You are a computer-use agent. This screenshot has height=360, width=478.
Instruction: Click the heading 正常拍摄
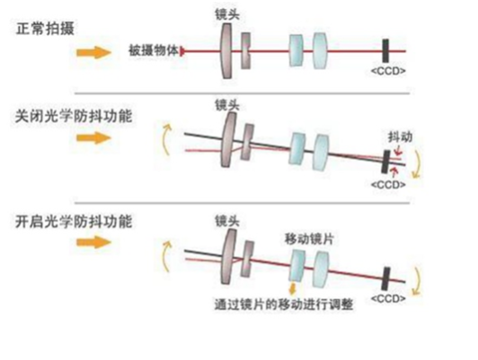(45, 30)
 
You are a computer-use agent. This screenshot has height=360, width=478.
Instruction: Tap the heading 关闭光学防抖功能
(74, 117)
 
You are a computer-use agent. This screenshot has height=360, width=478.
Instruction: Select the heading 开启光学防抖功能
(74, 222)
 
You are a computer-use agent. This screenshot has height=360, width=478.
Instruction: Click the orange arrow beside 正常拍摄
(93, 53)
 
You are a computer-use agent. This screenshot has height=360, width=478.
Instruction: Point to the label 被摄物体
(154, 50)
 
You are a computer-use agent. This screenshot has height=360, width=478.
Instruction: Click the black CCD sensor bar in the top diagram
(385, 50)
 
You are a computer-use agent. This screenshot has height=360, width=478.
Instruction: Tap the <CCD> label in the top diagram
(388, 71)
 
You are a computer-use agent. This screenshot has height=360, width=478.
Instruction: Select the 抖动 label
(400, 137)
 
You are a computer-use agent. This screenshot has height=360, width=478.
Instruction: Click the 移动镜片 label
(309, 239)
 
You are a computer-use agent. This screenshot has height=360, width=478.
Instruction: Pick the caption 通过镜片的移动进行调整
(284, 304)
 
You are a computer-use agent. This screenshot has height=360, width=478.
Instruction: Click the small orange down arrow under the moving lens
(293, 289)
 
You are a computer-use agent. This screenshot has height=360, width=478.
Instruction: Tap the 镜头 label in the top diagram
(227, 14)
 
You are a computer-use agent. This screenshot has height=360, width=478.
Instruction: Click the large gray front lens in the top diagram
(226, 51)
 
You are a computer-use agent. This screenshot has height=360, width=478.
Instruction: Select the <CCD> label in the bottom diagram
(388, 298)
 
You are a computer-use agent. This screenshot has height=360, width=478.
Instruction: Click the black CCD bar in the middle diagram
(386, 162)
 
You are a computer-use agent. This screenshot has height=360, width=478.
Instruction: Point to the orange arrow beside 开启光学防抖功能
(93, 242)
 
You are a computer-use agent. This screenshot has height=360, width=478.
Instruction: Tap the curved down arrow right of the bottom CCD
(417, 281)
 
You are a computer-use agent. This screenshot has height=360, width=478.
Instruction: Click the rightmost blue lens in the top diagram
(320, 51)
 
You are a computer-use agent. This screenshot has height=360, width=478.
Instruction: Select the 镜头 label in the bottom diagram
(227, 222)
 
